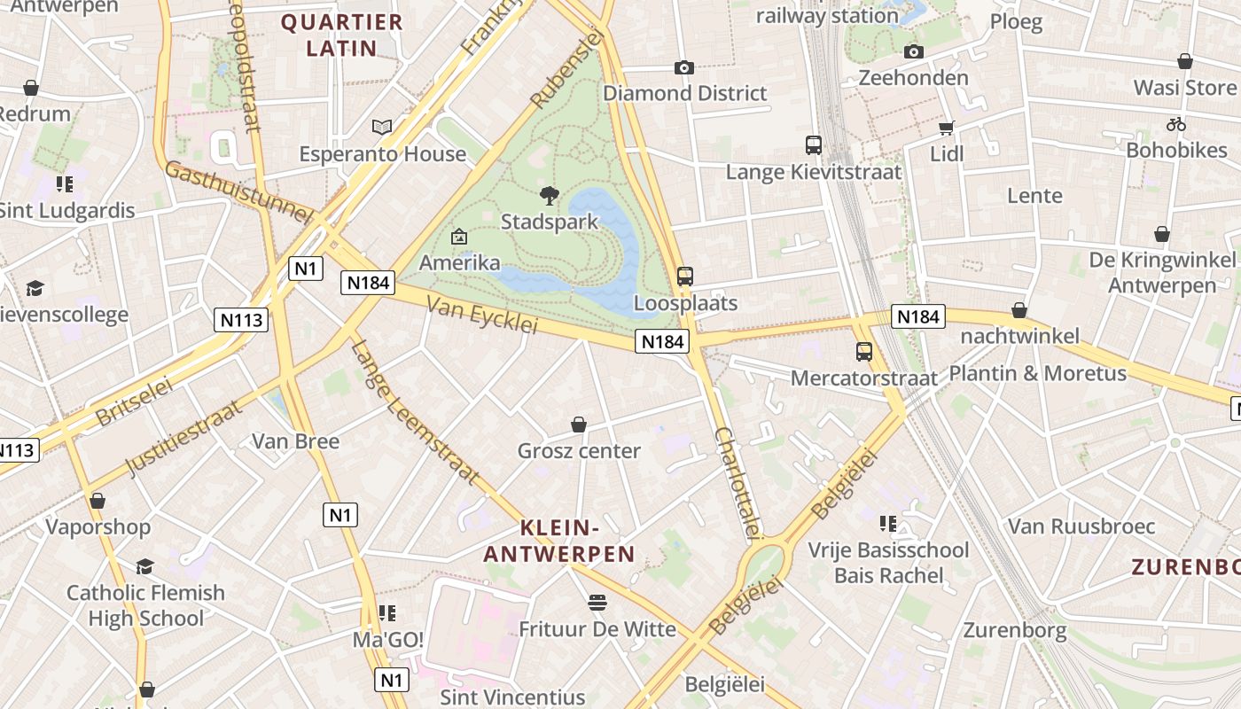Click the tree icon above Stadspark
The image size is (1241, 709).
pos(550,196)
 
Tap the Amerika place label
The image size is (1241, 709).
pos(459,263)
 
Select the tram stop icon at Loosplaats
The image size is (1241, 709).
pos(684,277)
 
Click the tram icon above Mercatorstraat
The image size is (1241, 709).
pos(864,352)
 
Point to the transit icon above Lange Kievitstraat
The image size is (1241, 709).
pos(814,145)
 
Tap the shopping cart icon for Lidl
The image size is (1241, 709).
pos(947,128)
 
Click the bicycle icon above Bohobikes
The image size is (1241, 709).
pos(1176,124)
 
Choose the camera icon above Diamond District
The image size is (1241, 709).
pos(683,67)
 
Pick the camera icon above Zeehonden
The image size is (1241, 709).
pos(914,51)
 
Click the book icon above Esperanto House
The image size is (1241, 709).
pos(382,128)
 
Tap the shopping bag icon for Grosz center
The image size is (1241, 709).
pos(579,425)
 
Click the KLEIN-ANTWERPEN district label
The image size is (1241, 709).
pos(559,541)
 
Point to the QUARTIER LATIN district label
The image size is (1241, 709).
pos(342,35)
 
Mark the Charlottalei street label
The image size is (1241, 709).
pos(738,483)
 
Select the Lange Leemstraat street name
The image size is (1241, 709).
pos(415,412)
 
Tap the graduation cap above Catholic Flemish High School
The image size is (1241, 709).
pos(144,566)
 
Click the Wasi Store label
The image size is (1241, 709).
pos(1184,88)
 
